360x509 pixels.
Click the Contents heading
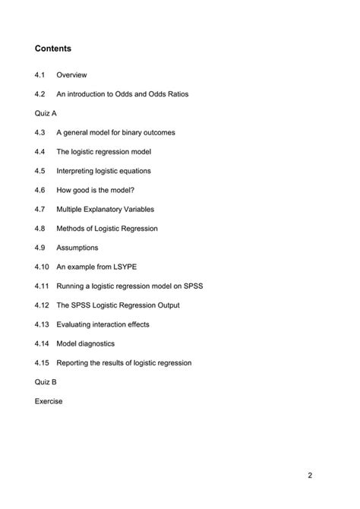53,49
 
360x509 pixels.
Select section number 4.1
40,75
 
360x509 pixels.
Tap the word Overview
72,75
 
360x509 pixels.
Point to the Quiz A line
46,113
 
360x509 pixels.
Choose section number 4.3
40,132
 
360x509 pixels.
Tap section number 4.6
40,190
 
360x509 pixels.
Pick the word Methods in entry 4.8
72,229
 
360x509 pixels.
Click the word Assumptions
77,248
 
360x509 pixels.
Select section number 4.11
42,286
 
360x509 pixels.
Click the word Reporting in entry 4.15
75,363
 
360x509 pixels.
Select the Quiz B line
46,382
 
